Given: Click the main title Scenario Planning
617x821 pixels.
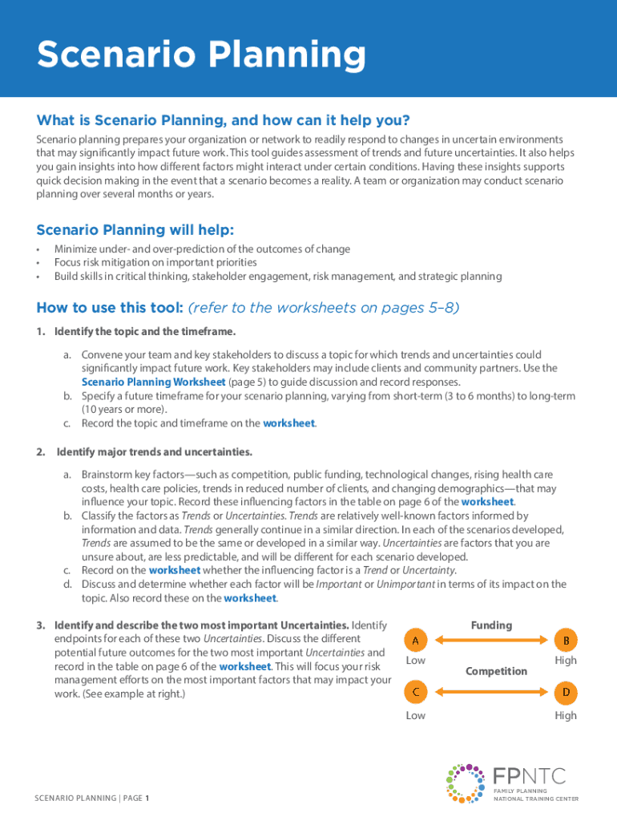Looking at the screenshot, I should (x=201, y=55).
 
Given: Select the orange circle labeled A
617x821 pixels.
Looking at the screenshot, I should (x=415, y=640).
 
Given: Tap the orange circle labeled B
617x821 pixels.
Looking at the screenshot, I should (x=566, y=640).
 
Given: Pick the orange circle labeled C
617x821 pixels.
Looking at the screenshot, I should (x=415, y=691).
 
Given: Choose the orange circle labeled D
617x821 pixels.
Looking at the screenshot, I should (x=566, y=691).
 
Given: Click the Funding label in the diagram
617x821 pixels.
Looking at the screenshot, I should (x=491, y=625).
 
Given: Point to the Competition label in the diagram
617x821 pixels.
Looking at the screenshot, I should (x=497, y=671).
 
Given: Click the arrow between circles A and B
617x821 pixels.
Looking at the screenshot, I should (x=490, y=640).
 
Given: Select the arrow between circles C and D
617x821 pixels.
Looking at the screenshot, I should (x=490, y=691).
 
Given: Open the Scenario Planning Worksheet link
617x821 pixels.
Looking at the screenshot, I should (x=154, y=382).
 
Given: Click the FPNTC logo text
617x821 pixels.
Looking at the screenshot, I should (x=530, y=775).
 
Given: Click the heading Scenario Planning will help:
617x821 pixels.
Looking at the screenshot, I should (x=135, y=230).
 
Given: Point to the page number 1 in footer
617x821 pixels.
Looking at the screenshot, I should (x=147, y=798).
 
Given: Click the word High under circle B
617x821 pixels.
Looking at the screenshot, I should (x=565, y=661).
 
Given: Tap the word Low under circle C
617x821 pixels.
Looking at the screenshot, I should (x=415, y=715).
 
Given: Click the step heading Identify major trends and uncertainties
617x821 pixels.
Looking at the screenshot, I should (x=154, y=451).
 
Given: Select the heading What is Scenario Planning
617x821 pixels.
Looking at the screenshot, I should (x=223, y=120).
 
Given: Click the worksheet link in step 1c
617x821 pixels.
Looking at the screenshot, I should (x=288, y=423).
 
